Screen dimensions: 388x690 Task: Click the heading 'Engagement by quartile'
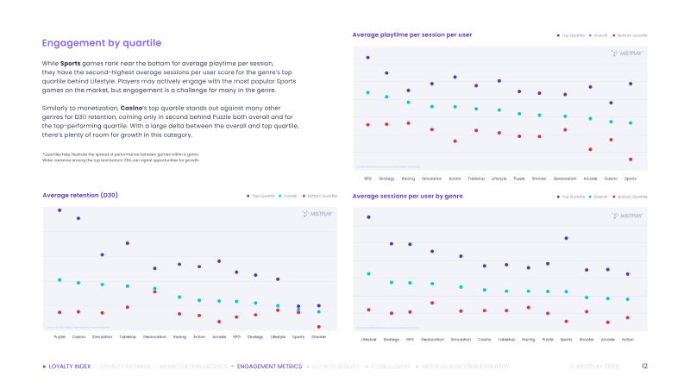click(102, 43)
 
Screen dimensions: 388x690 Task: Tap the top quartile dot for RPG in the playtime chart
click(367, 58)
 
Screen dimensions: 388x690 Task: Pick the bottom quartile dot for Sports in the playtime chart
click(630, 160)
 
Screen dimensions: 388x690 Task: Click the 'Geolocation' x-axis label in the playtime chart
click(565, 178)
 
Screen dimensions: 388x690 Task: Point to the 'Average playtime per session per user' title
click(412, 34)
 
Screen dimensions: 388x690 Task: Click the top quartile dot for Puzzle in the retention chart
click(60, 210)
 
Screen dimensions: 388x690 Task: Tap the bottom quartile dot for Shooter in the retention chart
click(318, 327)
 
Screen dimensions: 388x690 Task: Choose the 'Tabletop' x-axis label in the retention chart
click(128, 337)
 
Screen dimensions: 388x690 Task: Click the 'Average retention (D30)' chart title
click(80, 196)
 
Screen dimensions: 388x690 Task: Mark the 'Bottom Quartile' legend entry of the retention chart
click(319, 197)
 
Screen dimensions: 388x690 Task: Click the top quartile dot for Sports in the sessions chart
click(566, 238)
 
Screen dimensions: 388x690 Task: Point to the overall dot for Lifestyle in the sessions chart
click(368, 274)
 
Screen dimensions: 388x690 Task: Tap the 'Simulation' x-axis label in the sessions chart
click(461, 340)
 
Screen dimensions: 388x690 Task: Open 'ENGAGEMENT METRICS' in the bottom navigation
click(269, 366)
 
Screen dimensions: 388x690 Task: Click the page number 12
click(644, 366)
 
